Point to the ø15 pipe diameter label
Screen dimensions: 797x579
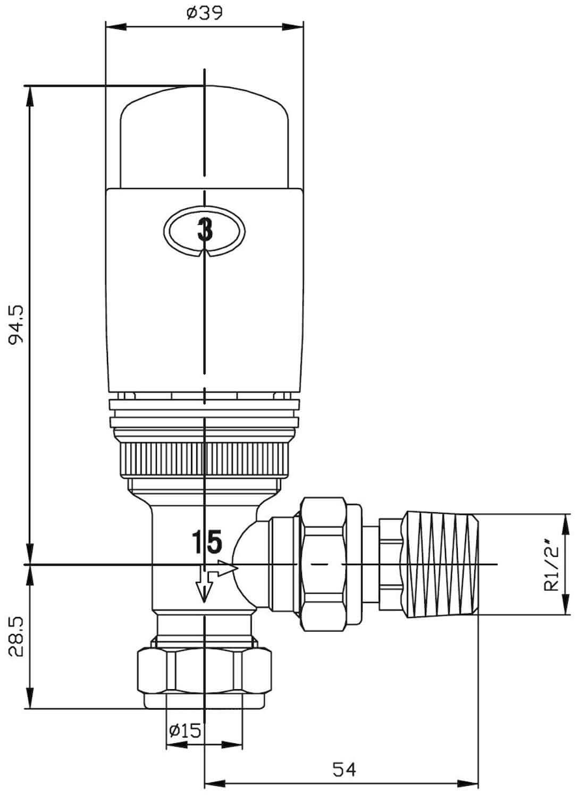[185, 731]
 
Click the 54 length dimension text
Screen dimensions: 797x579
[344, 768]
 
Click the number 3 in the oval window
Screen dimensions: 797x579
[205, 231]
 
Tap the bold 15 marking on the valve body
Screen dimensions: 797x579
[206, 542]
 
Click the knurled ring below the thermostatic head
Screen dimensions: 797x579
[205, 458]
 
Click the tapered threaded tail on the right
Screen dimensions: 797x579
[441, 564]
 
